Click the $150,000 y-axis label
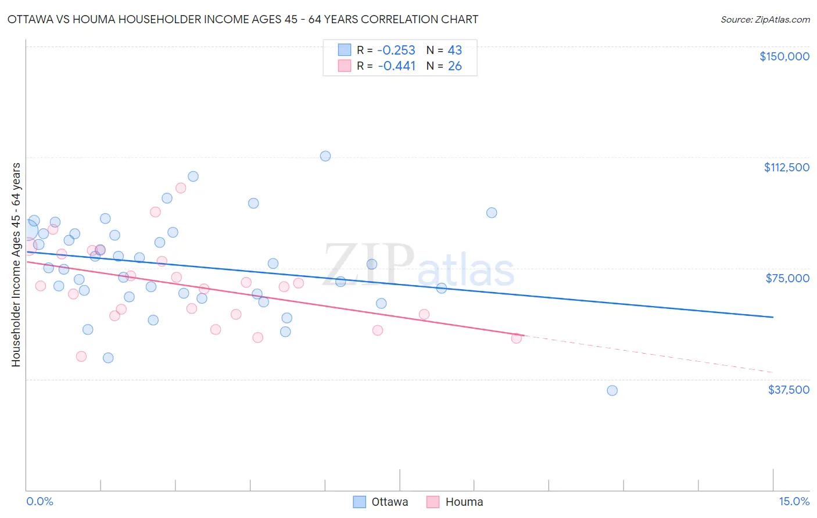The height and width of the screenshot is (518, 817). tap(784, 56)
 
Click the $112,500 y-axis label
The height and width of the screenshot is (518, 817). tap(786, 167)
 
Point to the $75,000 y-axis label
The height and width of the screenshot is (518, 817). tap(787, 278)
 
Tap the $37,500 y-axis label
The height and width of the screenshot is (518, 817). tap(789, 390)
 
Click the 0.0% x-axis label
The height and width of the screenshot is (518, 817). tap(40, 502)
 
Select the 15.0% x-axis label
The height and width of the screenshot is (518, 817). tap(794, 502)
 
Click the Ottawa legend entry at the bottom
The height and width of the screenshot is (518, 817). tap(381, 502)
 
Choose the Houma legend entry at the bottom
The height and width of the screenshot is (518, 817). tap(455, 502)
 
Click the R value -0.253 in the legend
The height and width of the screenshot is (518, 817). tap(396, 50)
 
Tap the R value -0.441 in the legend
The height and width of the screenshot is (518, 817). tap(396, 66)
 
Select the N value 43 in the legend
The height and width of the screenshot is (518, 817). tap(454, 50)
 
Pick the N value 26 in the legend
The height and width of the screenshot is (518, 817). tap(454, 66)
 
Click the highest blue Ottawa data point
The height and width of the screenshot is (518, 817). tap(325, 156)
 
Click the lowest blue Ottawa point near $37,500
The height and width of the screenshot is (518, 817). tap(612, 391)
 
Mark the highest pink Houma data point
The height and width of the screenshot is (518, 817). tap(181, 188)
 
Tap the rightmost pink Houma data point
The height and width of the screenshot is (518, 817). tap(516, 339)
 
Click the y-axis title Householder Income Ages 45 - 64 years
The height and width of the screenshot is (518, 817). tap(16, 265)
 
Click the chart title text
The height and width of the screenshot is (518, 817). tap(243, 19)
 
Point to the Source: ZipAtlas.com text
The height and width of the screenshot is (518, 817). tap(765, 20)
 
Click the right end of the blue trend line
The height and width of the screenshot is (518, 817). tap(773, 317)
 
